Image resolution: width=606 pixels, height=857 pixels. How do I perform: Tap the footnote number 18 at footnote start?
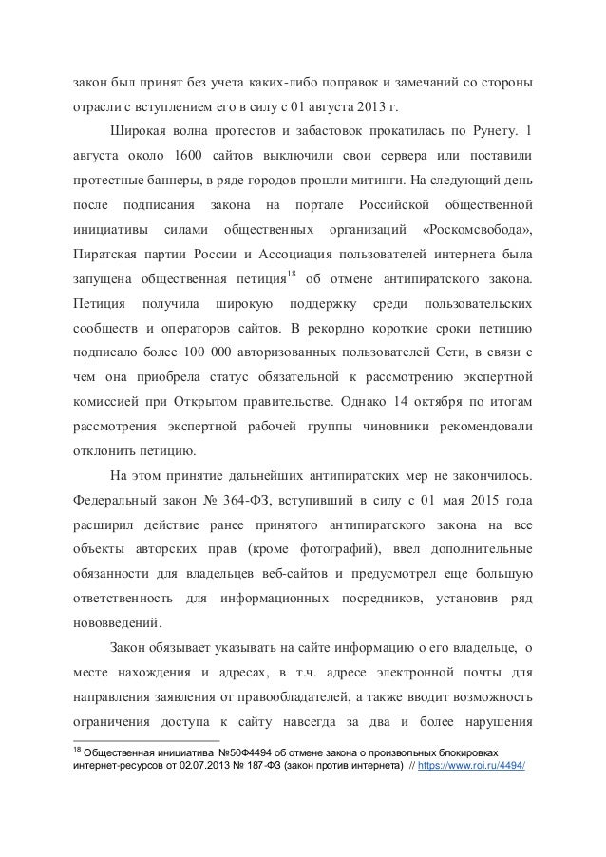click(x=78, y=746)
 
